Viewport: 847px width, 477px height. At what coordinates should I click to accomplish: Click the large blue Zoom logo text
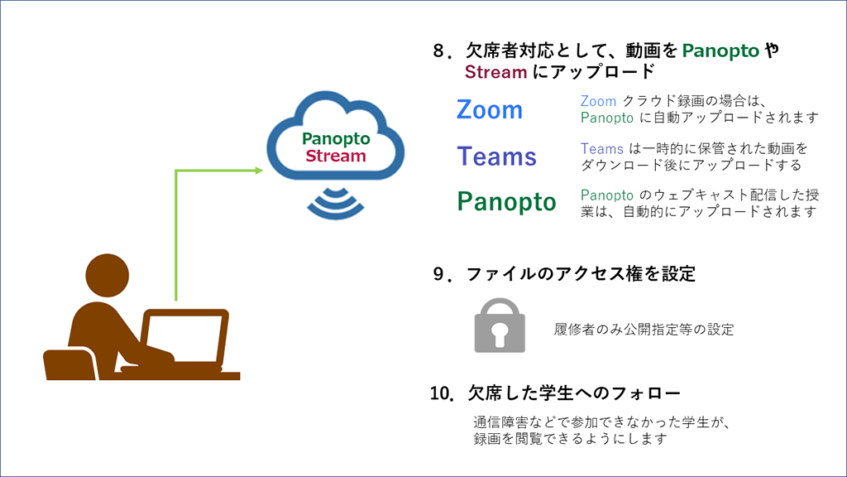490,110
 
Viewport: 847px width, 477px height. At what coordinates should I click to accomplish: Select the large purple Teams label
496,157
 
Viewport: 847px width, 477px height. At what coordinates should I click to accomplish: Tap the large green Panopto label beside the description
506,202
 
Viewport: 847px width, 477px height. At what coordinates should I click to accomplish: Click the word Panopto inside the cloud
336,139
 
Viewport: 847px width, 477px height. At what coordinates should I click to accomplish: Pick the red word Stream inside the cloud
336,156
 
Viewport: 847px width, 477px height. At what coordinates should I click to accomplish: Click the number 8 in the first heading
438,51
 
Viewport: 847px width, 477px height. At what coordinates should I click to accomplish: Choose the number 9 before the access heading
438,273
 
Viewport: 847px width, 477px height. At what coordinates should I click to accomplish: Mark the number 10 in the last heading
440,392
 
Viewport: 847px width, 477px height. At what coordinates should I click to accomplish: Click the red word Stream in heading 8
495,72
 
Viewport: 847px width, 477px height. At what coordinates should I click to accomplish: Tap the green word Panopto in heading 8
720,51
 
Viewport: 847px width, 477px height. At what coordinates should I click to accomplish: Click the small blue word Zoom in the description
598,102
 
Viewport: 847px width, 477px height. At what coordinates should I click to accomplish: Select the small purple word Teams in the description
601,149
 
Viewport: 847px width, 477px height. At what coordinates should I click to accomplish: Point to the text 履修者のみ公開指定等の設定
644,329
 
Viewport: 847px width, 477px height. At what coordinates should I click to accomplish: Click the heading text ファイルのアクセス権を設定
581,273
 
